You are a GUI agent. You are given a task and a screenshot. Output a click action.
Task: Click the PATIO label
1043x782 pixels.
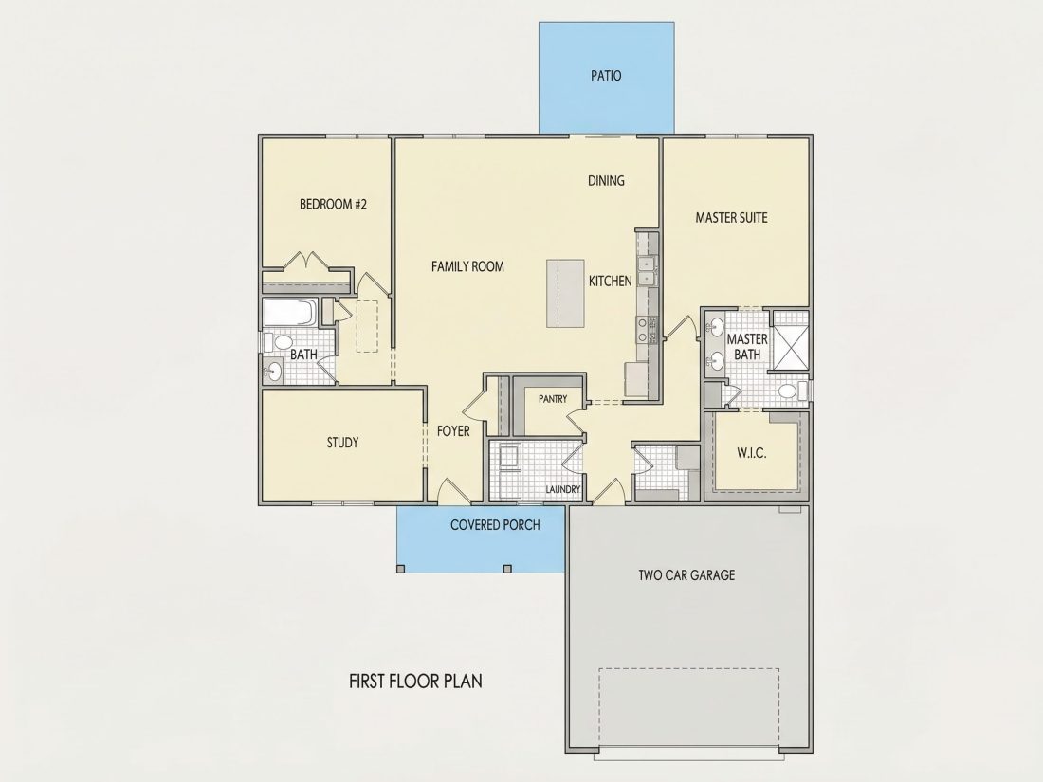point(606,76)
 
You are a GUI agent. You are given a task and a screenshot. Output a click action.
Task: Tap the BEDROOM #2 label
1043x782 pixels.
point(333,204)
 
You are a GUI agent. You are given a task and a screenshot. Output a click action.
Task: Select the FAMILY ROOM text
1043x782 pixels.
point(467,266)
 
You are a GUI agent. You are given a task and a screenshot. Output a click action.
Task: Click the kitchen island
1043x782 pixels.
point(565,293)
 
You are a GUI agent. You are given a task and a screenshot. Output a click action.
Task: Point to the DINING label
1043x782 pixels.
point(606,181)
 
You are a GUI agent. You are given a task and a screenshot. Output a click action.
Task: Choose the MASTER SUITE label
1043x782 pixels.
point(731,217)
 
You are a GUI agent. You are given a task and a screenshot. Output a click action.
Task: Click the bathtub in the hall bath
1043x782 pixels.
point(291,313)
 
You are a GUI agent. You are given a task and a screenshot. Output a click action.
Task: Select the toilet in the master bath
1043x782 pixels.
point(793,391)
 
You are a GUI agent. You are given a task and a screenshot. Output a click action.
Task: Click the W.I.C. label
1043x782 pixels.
point(751,453)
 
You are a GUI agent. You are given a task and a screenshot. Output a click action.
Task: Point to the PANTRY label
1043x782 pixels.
point(553,399)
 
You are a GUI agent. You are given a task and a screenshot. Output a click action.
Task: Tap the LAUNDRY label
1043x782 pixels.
point(562,489)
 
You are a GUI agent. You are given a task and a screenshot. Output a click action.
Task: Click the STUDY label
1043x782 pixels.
point(342,443)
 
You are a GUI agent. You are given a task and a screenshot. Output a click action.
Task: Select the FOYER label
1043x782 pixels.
point(453,431)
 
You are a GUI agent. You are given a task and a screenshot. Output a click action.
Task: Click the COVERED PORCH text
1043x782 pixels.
point(495,525)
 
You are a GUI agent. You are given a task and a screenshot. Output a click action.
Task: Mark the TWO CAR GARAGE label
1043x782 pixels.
point(686,575)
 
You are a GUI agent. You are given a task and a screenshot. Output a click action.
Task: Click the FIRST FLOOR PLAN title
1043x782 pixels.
point(415,681)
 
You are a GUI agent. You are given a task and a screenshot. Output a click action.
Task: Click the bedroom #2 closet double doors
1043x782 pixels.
point(306,260)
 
